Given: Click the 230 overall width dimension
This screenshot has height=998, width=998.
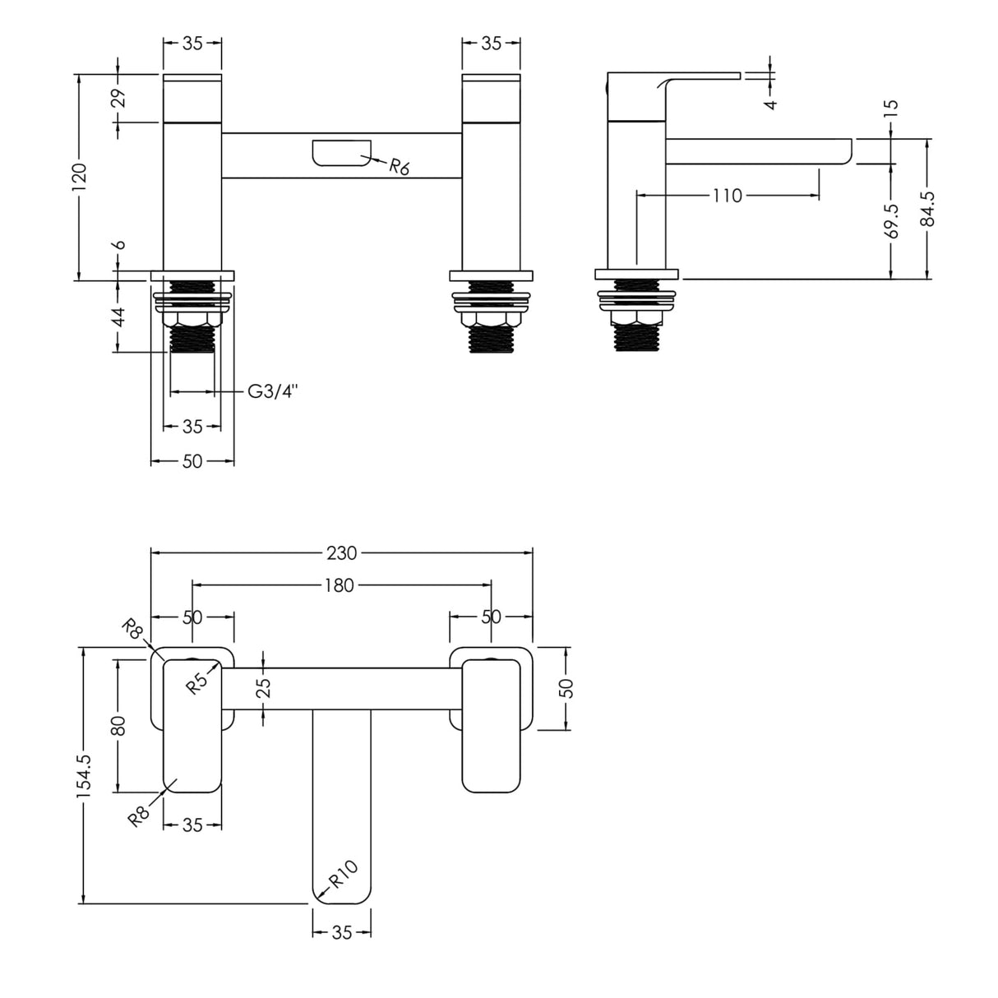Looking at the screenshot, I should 341,553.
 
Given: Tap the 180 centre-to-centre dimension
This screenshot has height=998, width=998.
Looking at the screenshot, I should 339,585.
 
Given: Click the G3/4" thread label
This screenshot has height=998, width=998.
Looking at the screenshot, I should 272,391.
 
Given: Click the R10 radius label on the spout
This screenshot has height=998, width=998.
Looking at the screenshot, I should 344,874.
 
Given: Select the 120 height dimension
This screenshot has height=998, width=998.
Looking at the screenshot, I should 79,177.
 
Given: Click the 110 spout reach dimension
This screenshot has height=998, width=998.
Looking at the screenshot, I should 727,196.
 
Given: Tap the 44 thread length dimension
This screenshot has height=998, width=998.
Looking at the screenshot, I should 118,316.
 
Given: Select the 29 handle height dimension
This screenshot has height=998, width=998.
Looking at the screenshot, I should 118,98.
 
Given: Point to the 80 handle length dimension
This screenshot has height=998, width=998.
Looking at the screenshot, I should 118,725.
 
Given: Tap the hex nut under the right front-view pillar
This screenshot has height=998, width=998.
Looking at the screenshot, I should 491,319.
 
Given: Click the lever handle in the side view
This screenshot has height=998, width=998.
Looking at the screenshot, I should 699,79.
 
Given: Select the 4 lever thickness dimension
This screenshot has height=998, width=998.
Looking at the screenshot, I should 770,104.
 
